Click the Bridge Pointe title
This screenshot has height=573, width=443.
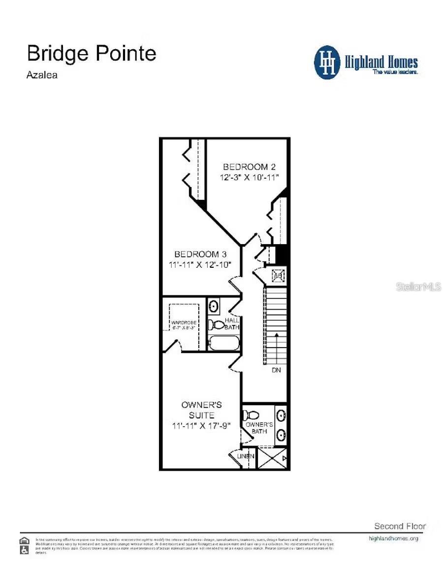[x=92, y=53]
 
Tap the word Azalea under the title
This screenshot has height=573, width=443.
[x=42, y=75]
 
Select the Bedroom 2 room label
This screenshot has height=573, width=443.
[x=246, y=167]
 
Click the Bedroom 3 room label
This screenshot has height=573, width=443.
[x=200, y=254]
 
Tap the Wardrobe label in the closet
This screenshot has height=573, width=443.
[x=184, y=323]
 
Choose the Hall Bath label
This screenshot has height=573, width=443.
[x=232, y=323]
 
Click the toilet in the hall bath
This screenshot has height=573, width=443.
[x=216, y=324]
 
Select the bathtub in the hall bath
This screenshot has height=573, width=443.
[x=223, y=343]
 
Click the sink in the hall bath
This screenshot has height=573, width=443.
[x=214, y=307]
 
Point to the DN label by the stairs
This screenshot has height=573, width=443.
[x=276, y=370]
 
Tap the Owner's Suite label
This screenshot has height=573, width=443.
[x=201, y=410]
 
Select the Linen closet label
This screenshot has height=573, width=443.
[x=246, y=456]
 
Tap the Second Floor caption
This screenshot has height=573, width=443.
[x=400, y=526]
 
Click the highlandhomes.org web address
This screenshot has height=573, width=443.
[x=393, y=539]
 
